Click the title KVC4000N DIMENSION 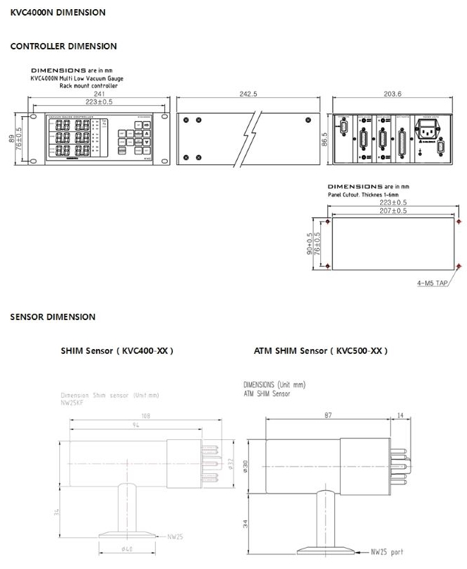(x=58, y=12)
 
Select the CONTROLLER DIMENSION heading (x=63, y=46)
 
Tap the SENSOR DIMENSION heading (x=52, y=317)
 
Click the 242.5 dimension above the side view (x=248, y=94)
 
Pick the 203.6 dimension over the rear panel (x=393, y=94)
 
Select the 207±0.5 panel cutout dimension (x=393, y=211)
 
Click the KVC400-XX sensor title (x=117, y=350)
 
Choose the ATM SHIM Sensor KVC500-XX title (x=320, y=350)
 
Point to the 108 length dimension (x=147, y=415)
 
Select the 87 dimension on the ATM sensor (x=329, y=417)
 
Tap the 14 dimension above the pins (x=401, y=417)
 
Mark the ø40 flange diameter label (x=128, y=549)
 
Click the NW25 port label (x=387, y=552)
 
